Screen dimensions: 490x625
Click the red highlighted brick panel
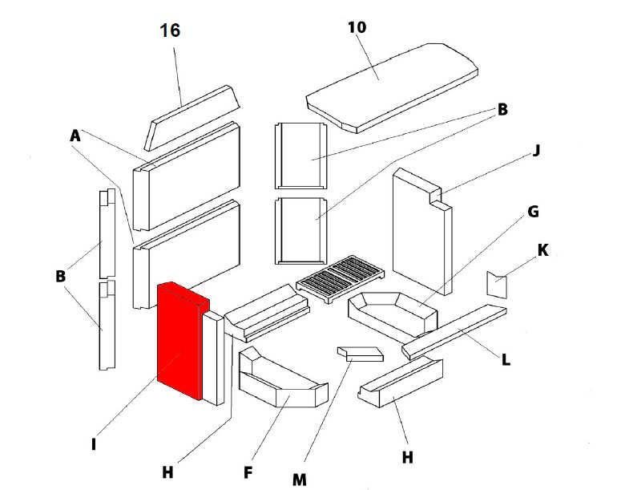178,341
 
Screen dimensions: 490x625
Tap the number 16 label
170,30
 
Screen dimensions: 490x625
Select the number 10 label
357,26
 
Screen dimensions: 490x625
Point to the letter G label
533,212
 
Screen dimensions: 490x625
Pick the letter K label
542,250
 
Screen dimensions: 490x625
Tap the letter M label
299,480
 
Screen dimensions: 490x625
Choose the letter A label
75,137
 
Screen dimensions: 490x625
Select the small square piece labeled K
498,284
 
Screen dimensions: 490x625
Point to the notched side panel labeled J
421,229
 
